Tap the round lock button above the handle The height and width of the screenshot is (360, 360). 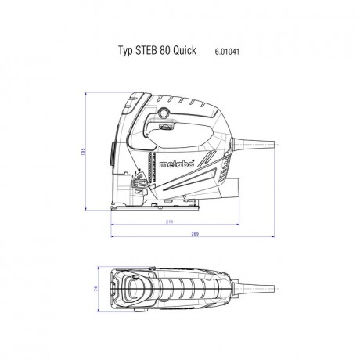point(166,116)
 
